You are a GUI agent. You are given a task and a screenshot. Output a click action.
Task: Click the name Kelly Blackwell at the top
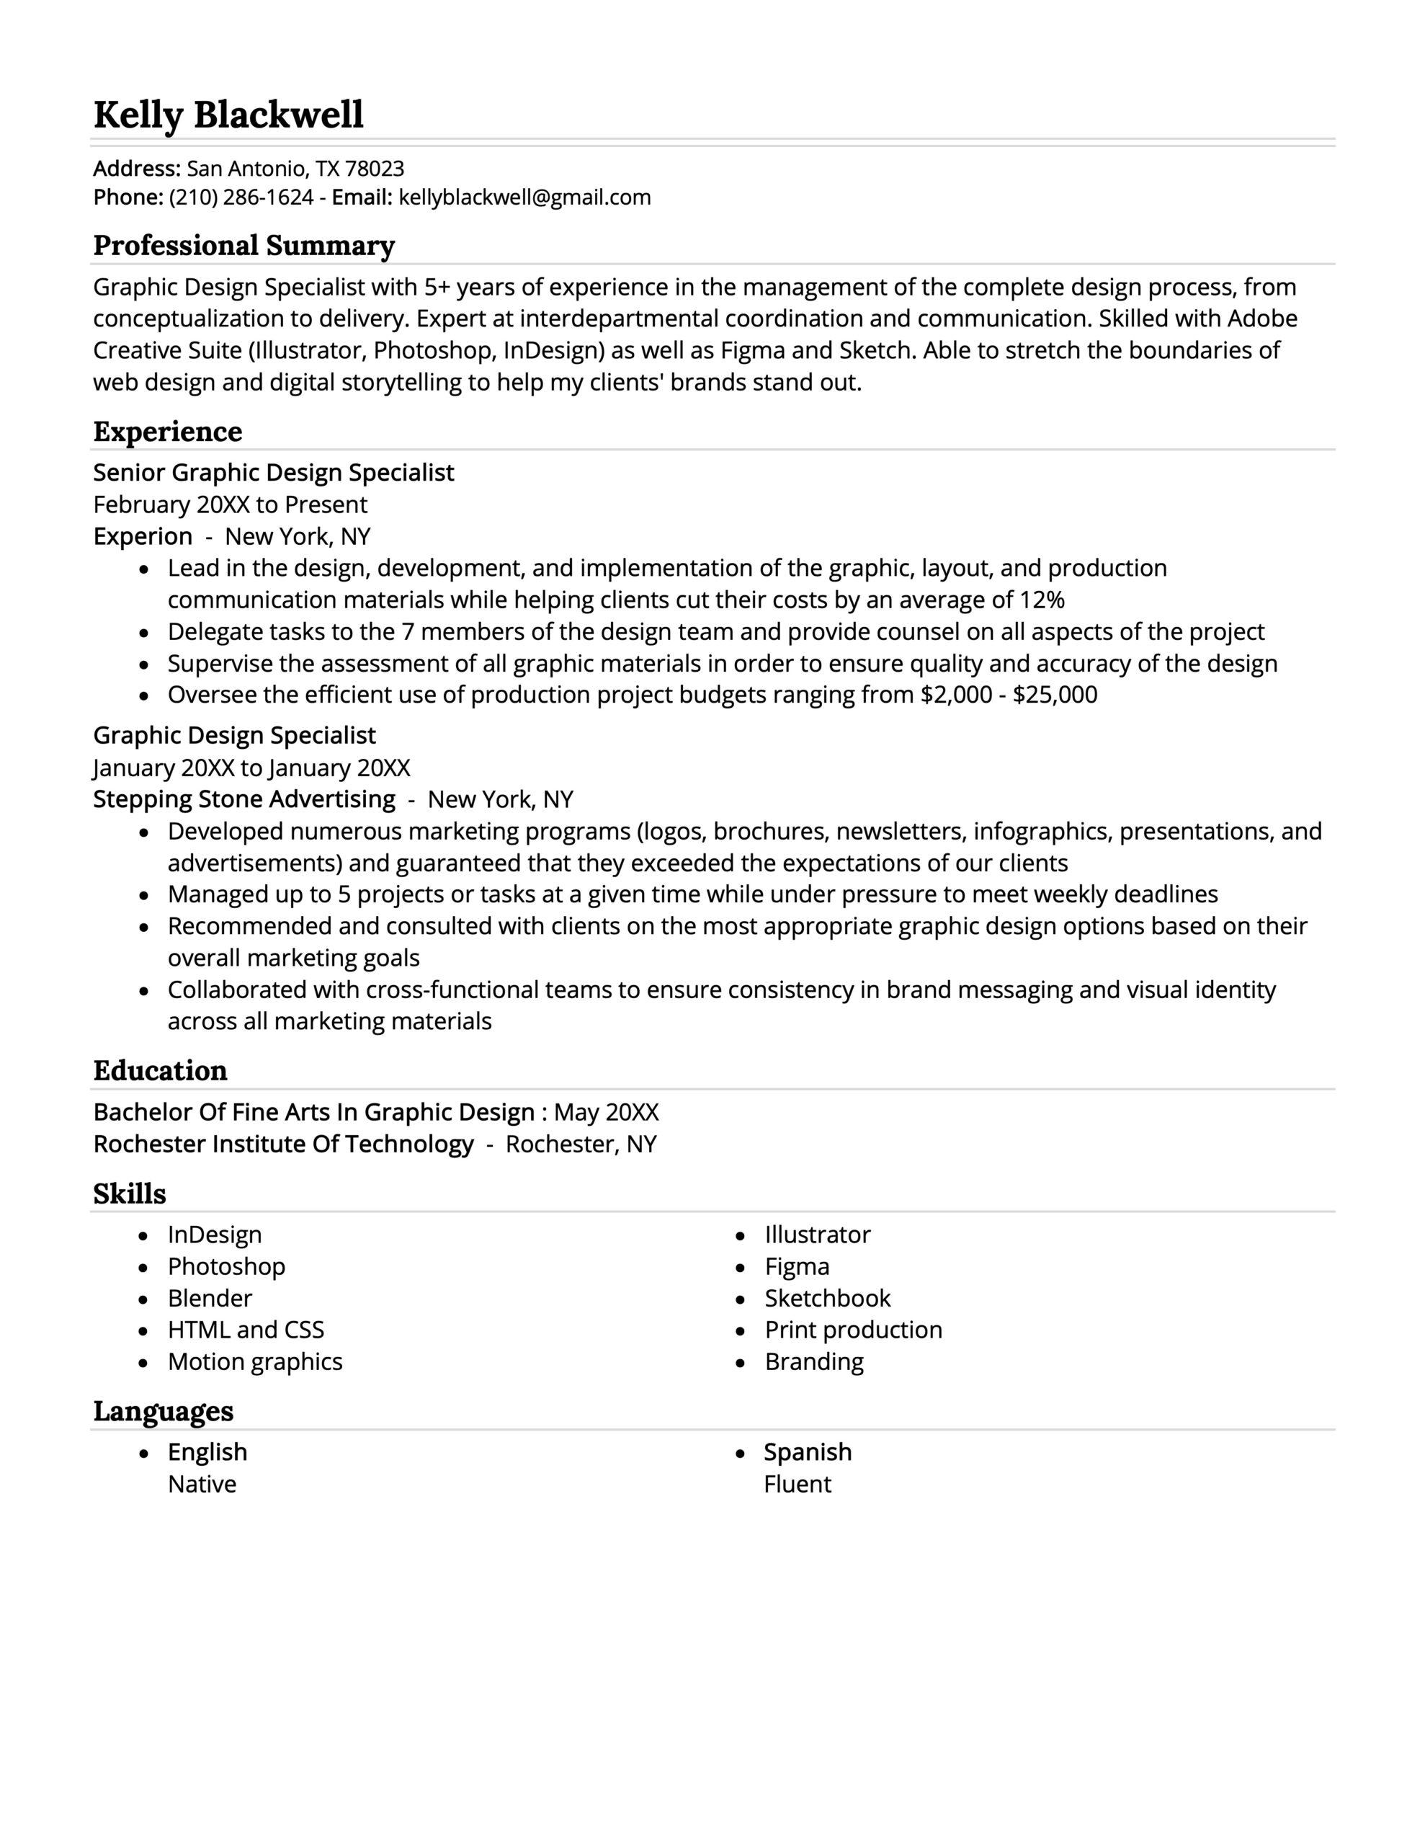(228, 114)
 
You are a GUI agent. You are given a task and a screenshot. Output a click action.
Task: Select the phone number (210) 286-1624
(241, 197)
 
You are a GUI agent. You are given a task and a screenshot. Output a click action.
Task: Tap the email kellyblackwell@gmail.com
(524, 197)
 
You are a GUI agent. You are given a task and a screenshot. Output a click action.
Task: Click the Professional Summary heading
(244, 246)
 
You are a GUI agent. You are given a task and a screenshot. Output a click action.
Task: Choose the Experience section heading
(167, 432)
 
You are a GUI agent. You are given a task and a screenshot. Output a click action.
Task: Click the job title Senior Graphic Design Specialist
(273, 472)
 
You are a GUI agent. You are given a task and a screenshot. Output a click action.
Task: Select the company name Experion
(143, 536)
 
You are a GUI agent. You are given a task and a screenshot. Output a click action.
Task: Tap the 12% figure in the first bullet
(1042, 600)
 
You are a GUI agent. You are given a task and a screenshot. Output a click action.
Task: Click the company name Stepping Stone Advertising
(244, 799)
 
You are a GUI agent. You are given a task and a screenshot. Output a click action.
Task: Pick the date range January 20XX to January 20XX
(251, 768)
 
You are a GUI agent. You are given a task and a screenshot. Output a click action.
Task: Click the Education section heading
(160, 1070)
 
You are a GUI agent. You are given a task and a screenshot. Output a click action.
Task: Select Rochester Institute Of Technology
(283, 1144)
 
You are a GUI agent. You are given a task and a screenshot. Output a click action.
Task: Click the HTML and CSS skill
(246, 1330)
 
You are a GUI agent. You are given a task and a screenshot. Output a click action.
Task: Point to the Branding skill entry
(813, 1362)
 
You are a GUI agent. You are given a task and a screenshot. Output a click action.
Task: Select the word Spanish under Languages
(808, 1452)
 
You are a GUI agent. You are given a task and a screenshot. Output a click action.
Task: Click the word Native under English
(202, 1484)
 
